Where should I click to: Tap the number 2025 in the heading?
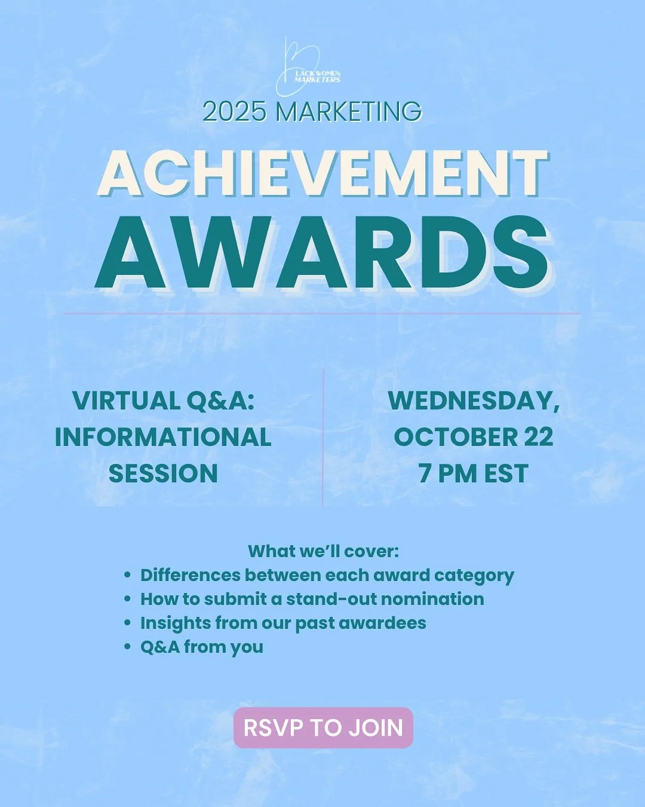click(x=234, y=112)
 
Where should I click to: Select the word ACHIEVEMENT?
click(x=322, y=173)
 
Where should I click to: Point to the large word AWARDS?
click(x=322, y=253)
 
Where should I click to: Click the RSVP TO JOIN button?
click(x=323, y=727)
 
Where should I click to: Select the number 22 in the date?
click(x=539, y=437)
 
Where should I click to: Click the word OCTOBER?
click(x=456, y=437)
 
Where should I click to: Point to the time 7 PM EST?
click(x=473, y=473)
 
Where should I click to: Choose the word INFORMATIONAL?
click(x=163, y=437)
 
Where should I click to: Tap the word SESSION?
click(x=163, y=473)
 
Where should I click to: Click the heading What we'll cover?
click(x=323, y=551)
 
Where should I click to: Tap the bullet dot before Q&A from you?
click(x=127, y=647)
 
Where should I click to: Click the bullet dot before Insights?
click(x=127, y=623)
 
